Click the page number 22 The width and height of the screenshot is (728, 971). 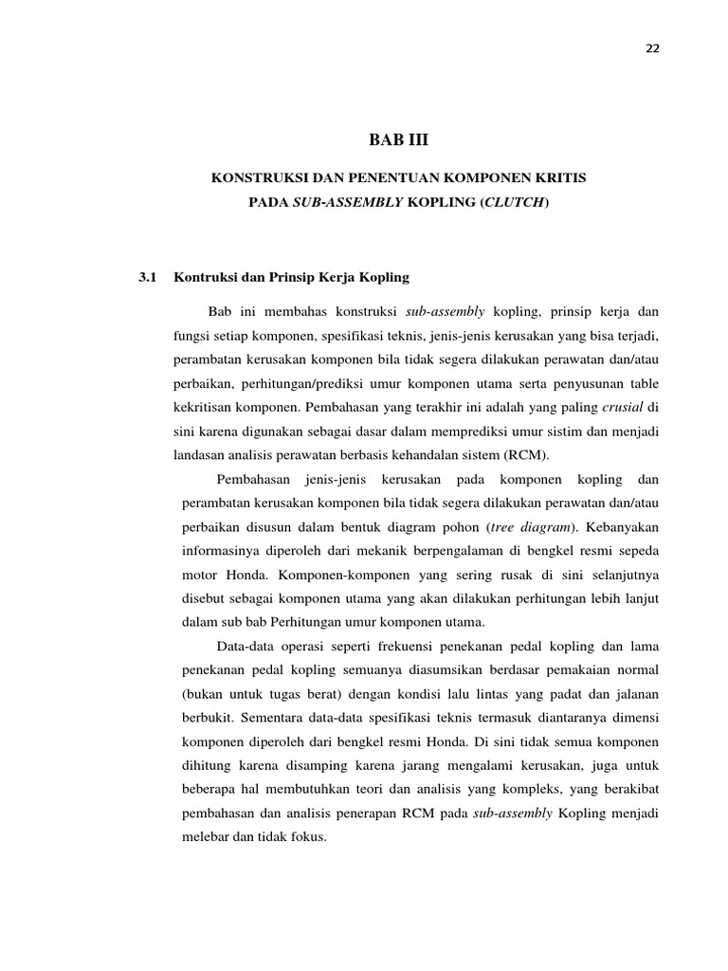coord(653,49)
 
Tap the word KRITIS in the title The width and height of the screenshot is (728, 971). coord(560,178)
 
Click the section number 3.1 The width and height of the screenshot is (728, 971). coord(146,277)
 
